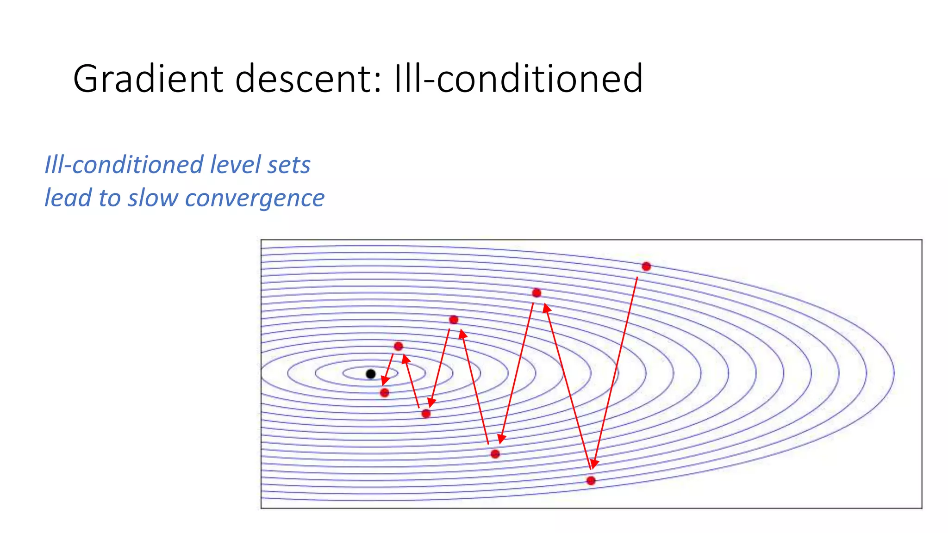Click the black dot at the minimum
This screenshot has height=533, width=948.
click(x=371, y=374)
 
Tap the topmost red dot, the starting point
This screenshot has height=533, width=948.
click(x=646, y=266)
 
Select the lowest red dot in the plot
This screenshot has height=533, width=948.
click(x=591, y=481)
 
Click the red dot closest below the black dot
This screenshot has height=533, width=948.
click(x=384, y=393)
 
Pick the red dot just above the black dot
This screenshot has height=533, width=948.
click(x=398, y=346)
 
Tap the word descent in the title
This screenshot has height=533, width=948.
click(x=303, y=79)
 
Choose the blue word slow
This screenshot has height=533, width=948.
click(x=153, y=198)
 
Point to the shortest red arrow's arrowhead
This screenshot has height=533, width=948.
click(x=384, y=381)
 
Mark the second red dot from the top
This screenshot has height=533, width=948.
click(x=536, y=293)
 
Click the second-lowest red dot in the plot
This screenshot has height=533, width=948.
click(x=495, y=454)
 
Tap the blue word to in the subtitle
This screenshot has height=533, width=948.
click(x=109, y=198)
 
